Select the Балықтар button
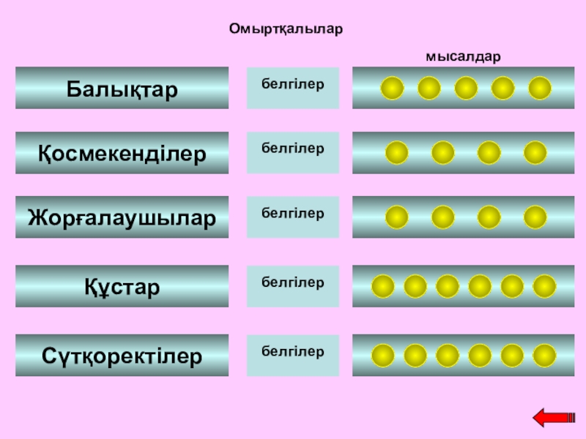pos(122,89)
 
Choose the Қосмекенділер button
pos(122,153)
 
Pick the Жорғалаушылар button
pos(122,217)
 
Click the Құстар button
pos(122,287)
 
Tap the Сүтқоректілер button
pos(122,356)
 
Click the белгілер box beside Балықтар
pos(293,89)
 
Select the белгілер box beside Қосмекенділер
pos(293,153)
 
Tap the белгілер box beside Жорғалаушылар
pos(293,217)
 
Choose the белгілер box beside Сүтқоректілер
pos(293,356)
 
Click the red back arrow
pos(554,418)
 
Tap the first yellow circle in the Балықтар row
pos(392,89)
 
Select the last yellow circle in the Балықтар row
pos(540,89)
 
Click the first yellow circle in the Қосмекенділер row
pos(396,153)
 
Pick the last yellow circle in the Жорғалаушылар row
pos(535,217)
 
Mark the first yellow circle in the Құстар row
pos(383,287)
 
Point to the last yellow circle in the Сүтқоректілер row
pos(544,356)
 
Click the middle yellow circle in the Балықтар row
pos(466,89)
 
